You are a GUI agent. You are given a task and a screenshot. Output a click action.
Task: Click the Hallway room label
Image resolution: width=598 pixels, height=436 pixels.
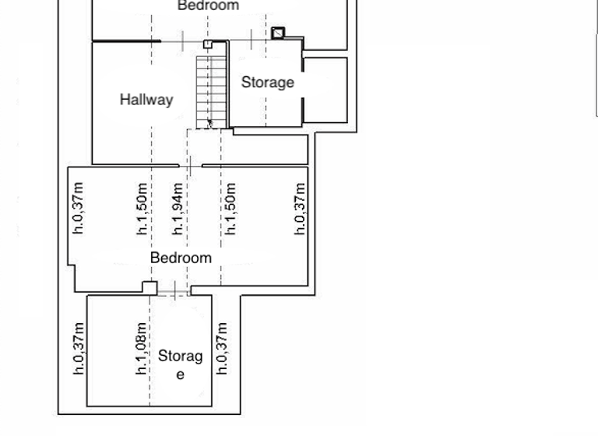coord(146,100)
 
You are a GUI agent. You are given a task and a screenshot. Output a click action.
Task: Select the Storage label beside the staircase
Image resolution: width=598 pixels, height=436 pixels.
coord(267,83)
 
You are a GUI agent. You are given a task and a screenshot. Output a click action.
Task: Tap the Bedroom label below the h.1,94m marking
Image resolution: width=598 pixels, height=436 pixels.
coord(181,258)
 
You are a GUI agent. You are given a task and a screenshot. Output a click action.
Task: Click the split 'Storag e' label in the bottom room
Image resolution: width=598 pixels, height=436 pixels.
coord(180,364)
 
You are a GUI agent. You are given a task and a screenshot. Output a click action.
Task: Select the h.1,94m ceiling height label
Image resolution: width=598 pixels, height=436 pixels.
coord(178,209)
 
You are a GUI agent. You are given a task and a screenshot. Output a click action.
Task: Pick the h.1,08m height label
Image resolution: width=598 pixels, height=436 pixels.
coord(142,349)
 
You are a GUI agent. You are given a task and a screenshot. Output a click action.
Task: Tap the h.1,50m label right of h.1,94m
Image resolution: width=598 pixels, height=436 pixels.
coord(230,209)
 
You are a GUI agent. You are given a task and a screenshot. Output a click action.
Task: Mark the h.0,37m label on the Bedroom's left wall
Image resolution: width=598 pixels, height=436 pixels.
coord(78,209)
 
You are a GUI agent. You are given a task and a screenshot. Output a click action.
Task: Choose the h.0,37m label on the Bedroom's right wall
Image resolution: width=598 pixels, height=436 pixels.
coord(301,209)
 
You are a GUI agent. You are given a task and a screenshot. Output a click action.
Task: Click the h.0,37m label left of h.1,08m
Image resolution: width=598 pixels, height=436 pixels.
coord(79,349)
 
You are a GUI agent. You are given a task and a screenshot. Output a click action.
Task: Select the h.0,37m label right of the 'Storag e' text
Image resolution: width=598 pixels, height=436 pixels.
coord(222,349)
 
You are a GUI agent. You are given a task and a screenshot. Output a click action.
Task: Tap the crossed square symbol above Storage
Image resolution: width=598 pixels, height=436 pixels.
coord(278,33)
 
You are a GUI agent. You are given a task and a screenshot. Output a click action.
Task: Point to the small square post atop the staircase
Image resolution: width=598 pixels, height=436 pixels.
coord(208,44)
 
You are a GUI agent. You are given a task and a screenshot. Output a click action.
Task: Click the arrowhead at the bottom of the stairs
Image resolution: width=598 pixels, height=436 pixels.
coord(209,123)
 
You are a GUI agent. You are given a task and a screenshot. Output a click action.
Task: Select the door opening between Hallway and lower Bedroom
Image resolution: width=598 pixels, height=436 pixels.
coord(190,165)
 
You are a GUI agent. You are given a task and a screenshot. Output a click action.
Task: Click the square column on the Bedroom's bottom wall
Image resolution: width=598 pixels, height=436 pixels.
coord(149,288)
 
